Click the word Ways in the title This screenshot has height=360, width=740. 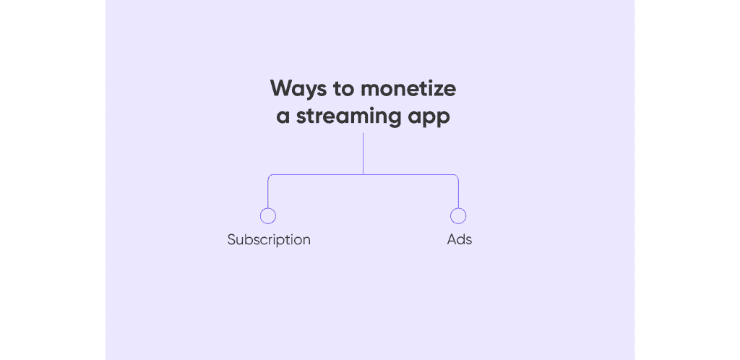tap(298, 89)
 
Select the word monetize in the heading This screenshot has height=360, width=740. tap(408, 89)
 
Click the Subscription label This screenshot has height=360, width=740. tap(269, 239)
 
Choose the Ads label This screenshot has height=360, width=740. tap(459, 239)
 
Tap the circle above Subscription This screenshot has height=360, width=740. tap(268, 216)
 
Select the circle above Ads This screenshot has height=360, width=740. tap(458, 216)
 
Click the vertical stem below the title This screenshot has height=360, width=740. tap(363, 153)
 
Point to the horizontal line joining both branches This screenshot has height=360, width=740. tap(318, 175)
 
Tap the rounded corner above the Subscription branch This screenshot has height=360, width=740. tap(270, 176)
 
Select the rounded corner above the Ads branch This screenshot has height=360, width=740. tap(457, 176)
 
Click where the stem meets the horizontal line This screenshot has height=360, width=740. tap(363, 175)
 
